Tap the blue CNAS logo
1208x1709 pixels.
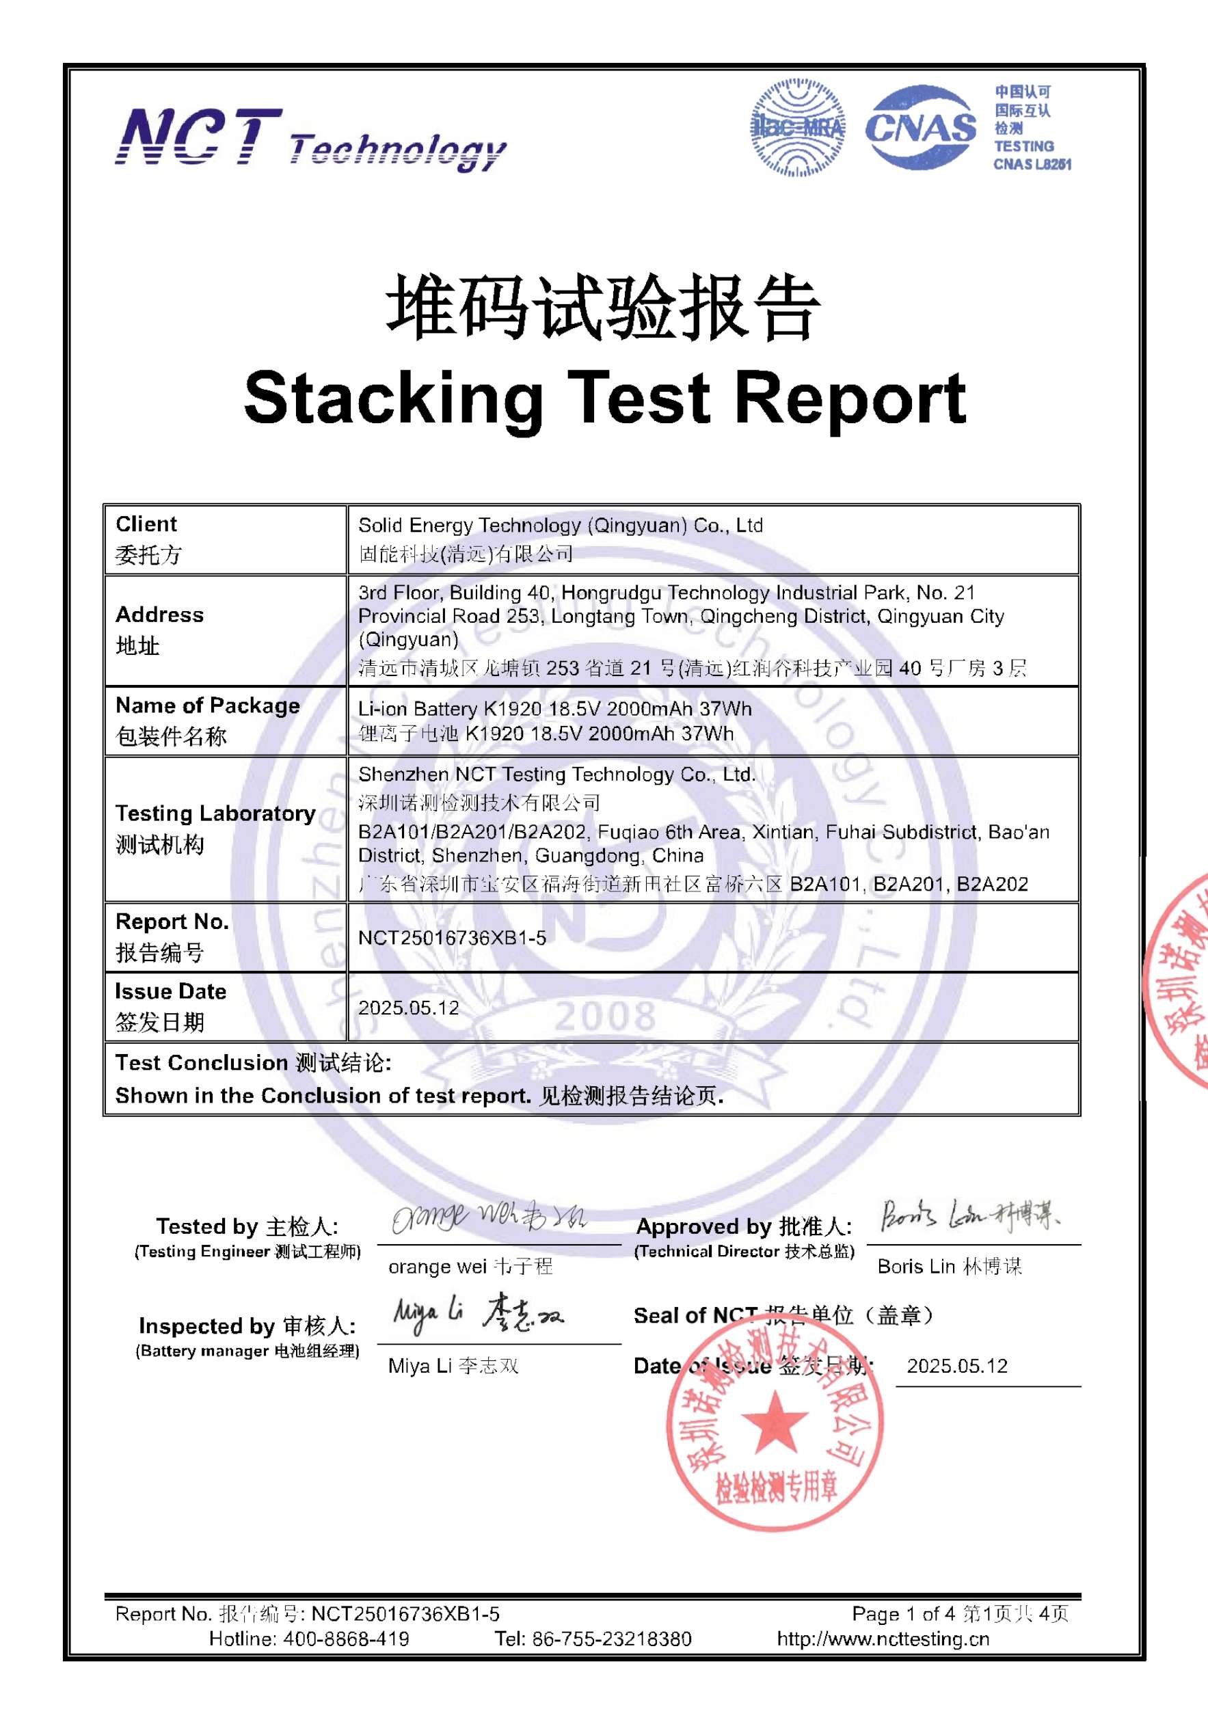point(920,127)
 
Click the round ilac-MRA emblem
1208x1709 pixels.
point(798,127)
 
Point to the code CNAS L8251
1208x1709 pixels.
point(1032,165)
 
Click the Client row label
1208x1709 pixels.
point(146,524)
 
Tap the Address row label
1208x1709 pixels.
point(159,615)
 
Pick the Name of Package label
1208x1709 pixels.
point(208,705)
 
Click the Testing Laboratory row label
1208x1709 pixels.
point(215,813)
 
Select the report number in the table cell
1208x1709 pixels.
point(452,938)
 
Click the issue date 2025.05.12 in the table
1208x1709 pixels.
point(409,1008)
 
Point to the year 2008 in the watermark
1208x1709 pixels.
point(604,1015)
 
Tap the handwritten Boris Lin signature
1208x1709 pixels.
point(970,1215)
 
